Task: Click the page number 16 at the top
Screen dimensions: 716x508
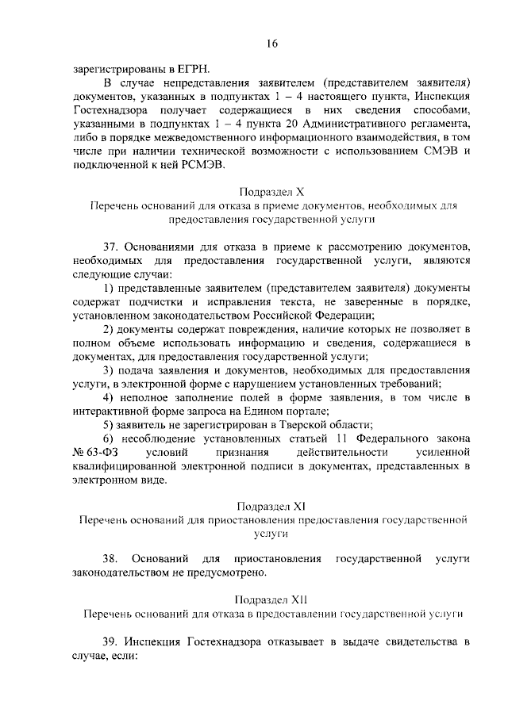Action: [271, 44]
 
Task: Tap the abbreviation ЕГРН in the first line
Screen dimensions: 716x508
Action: [195, 68]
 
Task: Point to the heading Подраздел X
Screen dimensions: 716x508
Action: [271, 192]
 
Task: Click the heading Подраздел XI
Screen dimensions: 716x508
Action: [271, 504]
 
